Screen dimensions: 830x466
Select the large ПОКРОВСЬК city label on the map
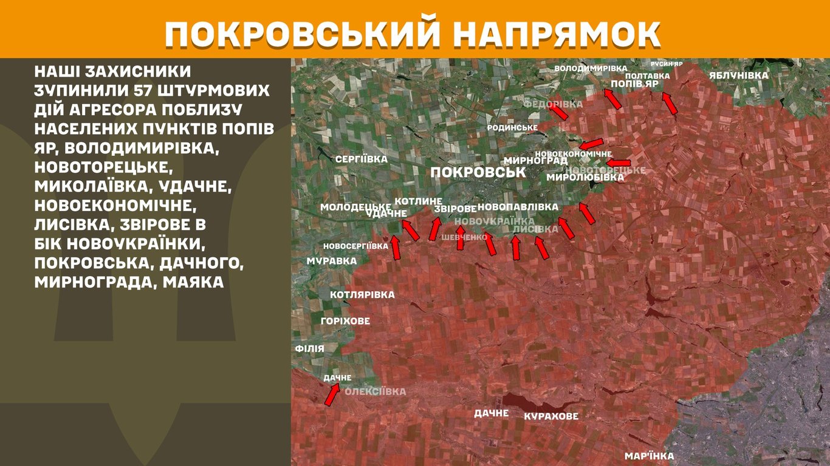[x=478, y=172]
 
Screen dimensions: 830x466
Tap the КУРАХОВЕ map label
[x=551, y=417]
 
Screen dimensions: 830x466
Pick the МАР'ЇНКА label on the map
[x=649, y=456]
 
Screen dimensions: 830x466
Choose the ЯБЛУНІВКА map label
[x=738, y=76]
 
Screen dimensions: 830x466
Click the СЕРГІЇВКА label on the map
[x=362, y=159]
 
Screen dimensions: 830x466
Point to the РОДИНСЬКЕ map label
[x=512, y=128]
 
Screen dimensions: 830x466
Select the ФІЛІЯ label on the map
[x=309, y=349]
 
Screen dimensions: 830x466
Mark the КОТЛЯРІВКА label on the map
[x=362, y=295]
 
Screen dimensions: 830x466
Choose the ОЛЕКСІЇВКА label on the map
[x=375, y=392]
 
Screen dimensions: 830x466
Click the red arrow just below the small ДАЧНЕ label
[x=332, y=394]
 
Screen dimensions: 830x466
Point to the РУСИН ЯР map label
[x=667, y=64]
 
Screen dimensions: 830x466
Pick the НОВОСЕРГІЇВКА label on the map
[x=355, y=246]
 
